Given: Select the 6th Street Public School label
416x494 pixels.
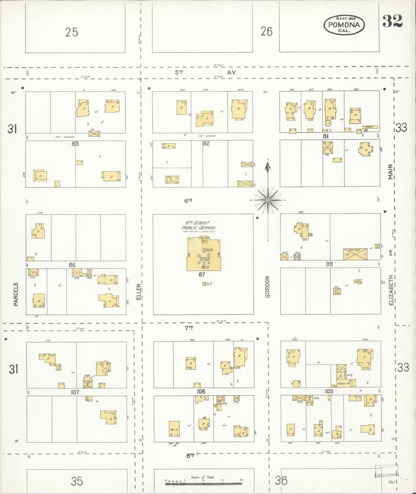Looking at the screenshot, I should (x=199, y=225).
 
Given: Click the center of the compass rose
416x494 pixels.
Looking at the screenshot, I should (x=268, y=200).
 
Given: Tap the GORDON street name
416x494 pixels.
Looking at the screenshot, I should (x=267, y=287).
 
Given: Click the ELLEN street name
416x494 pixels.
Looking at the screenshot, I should (x=139, y=292).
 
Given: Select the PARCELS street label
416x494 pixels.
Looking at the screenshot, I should (x=16, y=294).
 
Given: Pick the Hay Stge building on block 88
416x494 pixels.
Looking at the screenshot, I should (x=355, y=254).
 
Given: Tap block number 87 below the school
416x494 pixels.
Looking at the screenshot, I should (x=202, y=275).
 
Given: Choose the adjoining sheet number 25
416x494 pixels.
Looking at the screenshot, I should (x=72, y=33).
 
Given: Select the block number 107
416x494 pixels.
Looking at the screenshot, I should (x=75, y=392).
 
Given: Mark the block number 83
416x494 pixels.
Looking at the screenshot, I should (x=75, y=144).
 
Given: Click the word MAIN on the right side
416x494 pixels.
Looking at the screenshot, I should (x=390, y=172).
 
